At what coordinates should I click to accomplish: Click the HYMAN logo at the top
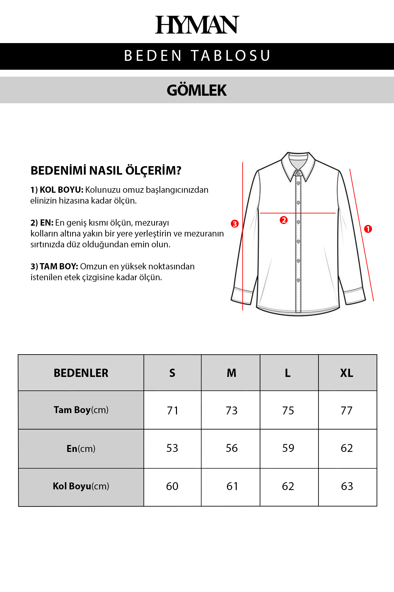point(197,25)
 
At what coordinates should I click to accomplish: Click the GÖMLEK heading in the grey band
point(197,90)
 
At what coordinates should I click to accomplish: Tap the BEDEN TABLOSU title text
point(197,56)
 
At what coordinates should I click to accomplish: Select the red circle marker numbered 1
point(368,229)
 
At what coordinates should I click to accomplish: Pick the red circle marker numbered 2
point(284,220)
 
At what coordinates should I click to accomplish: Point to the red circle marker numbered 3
point(234,224)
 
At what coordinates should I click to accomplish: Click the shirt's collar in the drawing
point(298,164)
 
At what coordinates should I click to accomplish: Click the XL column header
point(347,373)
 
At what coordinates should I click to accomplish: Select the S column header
point(172,373)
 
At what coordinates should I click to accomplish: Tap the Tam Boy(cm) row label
point(81,410)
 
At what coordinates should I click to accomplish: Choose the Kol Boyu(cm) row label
point(81,486)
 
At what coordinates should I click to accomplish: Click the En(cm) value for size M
point(231,448)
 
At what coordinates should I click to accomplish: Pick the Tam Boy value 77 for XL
point(347,410)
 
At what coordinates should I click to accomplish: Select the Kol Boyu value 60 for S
point(172,486)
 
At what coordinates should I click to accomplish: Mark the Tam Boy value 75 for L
point(288,410)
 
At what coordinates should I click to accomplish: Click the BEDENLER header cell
point(81,373)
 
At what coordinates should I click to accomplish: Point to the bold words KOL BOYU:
point(61,190)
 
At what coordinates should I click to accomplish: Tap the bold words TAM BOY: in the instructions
point(59,266)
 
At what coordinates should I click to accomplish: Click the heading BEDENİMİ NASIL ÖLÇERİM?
point(106,171)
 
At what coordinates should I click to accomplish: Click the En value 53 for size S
point(172,448)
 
